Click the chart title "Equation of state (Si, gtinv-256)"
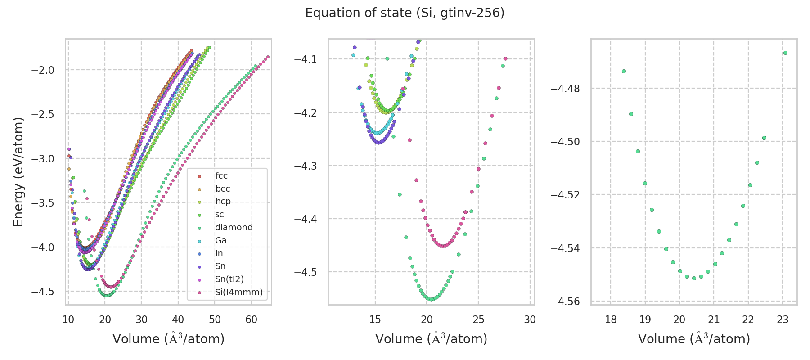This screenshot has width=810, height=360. pos(405,13)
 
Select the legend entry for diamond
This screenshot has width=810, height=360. pos(234,227)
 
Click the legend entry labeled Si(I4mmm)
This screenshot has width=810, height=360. pos(238,292)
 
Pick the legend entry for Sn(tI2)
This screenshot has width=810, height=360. pos(229,279)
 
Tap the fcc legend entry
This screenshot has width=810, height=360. pos(221,175)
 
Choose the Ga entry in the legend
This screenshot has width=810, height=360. pos(220,240)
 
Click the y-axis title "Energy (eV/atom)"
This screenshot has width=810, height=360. pos(18,171)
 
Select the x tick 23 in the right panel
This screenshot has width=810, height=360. pos(783,320)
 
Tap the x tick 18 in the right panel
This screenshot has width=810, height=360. pos(611,320)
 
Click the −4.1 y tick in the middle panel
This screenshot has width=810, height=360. pos(306,59)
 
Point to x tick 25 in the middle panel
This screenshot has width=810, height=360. pos(478,320)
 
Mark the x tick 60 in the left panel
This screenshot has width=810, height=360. pos(251,320)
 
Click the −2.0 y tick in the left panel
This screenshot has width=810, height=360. pos(42,70)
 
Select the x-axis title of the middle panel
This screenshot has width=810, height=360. pos(431,339)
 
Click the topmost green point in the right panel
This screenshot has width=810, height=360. pos(785,53)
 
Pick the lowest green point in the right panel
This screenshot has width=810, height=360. pos(694,278)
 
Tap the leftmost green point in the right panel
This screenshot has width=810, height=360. pos(624,71)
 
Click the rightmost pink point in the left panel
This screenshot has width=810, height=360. pos(268,57)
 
